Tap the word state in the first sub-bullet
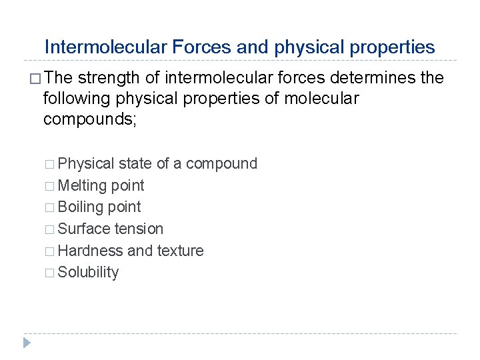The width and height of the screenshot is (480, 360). coord(135,164)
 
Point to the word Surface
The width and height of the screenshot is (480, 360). coord(84,229)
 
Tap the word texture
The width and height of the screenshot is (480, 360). coord(180,251)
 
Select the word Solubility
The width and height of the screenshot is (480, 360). coord(89,273)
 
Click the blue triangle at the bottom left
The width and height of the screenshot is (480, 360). coord(26,343)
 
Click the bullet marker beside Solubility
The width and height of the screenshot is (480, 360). coord(51,273)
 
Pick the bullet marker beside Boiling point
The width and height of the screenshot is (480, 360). coord(51,208)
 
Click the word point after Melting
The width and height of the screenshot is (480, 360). coord(129,185)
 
